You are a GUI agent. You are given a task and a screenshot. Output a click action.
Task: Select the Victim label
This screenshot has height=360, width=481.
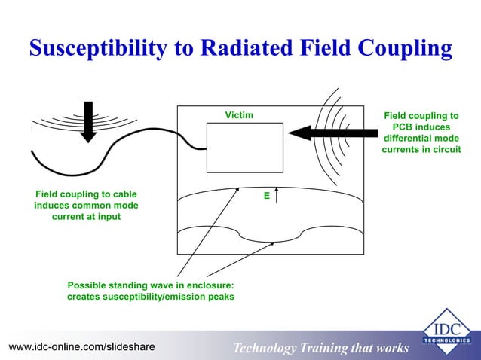(239, 115)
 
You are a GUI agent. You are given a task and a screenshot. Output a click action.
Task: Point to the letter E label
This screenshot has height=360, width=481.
(266, 195)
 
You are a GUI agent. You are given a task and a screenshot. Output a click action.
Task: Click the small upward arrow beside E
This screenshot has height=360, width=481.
(277, 196)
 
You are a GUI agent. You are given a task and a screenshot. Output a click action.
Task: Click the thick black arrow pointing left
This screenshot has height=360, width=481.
(332, 133)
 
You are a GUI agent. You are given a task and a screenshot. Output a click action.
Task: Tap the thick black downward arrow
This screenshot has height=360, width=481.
(88, 121)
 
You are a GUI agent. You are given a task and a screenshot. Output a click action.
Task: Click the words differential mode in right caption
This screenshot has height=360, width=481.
(421, 139)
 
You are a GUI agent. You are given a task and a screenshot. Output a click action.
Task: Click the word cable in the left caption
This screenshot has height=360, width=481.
(123, 194)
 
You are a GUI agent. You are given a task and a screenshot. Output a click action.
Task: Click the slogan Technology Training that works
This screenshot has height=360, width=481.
(320, 348)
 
